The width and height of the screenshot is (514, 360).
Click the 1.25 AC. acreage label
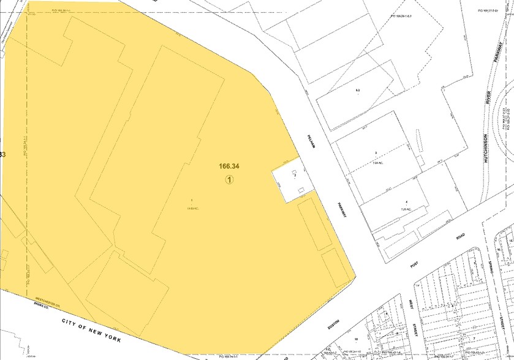pyautogui.click(x=405, y=209)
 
